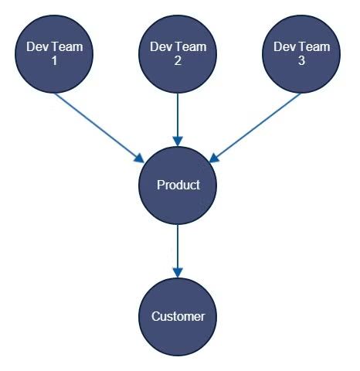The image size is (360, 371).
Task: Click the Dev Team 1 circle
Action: point(54,54)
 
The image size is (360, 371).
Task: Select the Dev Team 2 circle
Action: point(178,54)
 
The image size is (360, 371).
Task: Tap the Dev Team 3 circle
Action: point(301,54)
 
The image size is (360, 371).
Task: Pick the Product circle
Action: point(178,185)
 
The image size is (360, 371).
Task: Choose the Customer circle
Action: point(178,317)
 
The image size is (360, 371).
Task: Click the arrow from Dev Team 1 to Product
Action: point(100,128)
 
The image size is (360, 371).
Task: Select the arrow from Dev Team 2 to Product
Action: point(178,120)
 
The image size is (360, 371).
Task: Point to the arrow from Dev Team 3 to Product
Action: point(255,128)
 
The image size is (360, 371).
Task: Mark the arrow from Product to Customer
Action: point(178,251)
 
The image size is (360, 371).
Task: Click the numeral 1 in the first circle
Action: point(54,61)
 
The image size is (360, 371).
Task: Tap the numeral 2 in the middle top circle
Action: point(178,61)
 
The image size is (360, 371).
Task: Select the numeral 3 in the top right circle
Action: point(301,61)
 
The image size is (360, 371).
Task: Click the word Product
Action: point(178,185)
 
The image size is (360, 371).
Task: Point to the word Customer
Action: point(178,316)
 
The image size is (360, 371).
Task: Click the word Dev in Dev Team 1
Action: point(36,47)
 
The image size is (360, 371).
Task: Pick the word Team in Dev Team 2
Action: point(192,47)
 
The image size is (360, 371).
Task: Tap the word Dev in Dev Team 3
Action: point(284,47)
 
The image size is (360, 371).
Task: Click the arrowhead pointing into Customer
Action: point(178,273)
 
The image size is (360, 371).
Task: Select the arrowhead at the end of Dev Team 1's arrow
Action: point(140,158)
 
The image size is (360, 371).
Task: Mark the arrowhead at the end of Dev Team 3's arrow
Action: point(215,158)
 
